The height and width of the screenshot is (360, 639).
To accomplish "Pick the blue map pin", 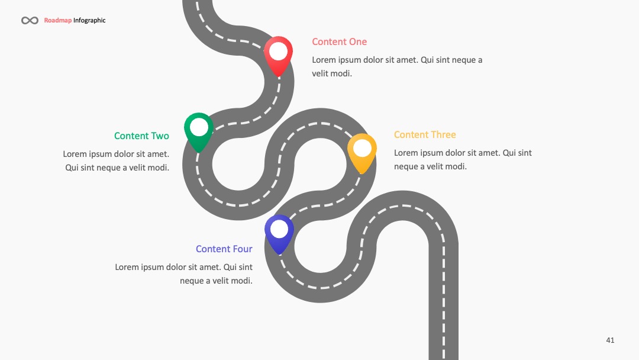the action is [x=279, y=234].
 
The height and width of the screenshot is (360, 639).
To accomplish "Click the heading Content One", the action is [x=340, y=41].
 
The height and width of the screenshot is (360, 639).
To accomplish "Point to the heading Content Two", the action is [x=141, y=136].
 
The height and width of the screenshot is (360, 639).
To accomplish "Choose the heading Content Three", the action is [x=425, y=134].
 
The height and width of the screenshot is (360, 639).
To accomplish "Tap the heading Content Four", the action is [x=224, y=249].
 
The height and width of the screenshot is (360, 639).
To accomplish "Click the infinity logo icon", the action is [x=30, y=20].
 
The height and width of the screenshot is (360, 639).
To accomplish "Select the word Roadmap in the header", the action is [x=58, y=20].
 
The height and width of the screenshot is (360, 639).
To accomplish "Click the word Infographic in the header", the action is [x=89, y=20].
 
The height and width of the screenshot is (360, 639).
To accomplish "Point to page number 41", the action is [x=610, y=340].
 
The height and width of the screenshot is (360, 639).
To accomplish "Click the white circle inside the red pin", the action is [x=278, y=51].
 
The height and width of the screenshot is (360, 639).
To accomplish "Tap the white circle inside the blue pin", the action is [x=279, y=229].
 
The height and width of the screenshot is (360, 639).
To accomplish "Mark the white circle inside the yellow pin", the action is [x=362, y=148].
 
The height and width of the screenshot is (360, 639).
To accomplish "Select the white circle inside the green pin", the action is [x=199, y=127].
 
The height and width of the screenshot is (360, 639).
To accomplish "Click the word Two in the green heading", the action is [x=160, y=136].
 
